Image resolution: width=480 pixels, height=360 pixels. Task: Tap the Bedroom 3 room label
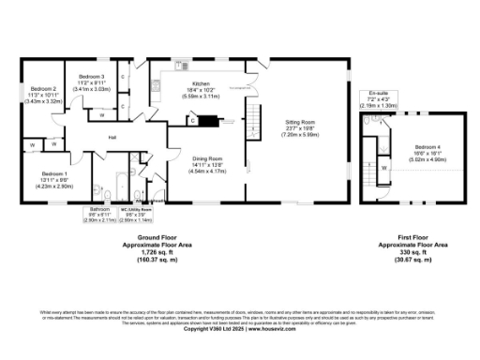click(91, 76)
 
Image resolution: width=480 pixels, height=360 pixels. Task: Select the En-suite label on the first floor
click(379, 94)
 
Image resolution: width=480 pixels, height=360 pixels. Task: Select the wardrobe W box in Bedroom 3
click(101, 116)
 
